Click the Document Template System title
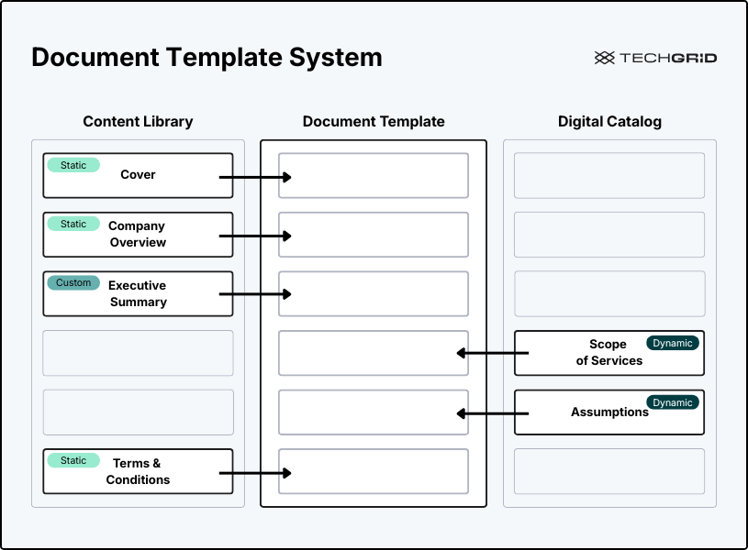pos(207,58)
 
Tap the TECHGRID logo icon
pos(604,58)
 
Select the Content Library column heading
pos(138,121)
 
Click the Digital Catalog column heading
pos(609,121)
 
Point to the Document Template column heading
pos(374,121)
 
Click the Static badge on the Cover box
pos(73,165)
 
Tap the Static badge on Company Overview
pos(73,224)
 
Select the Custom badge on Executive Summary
pos(73,282)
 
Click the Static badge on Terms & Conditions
pos(73,460)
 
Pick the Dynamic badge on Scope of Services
pos(673,343)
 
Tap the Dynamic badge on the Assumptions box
pos(673,402)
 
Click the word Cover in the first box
pos(138,175)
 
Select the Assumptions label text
pos(609,412)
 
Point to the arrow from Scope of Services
pos(493,353)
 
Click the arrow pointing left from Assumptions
pos(493,413)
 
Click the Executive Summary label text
pos(138,293)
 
